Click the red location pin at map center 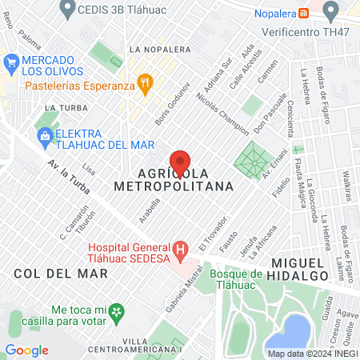[x=181, y=162]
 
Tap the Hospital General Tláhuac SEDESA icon [x=181, y=251]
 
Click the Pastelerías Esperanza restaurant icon [x=145, y=82]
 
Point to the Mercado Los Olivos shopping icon [x=12, y=62]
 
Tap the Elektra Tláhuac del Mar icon [x=44, y=135]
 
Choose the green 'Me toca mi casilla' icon [x=117, y=310]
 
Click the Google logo [x=26, y=350]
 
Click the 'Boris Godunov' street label [x=172, y=104]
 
